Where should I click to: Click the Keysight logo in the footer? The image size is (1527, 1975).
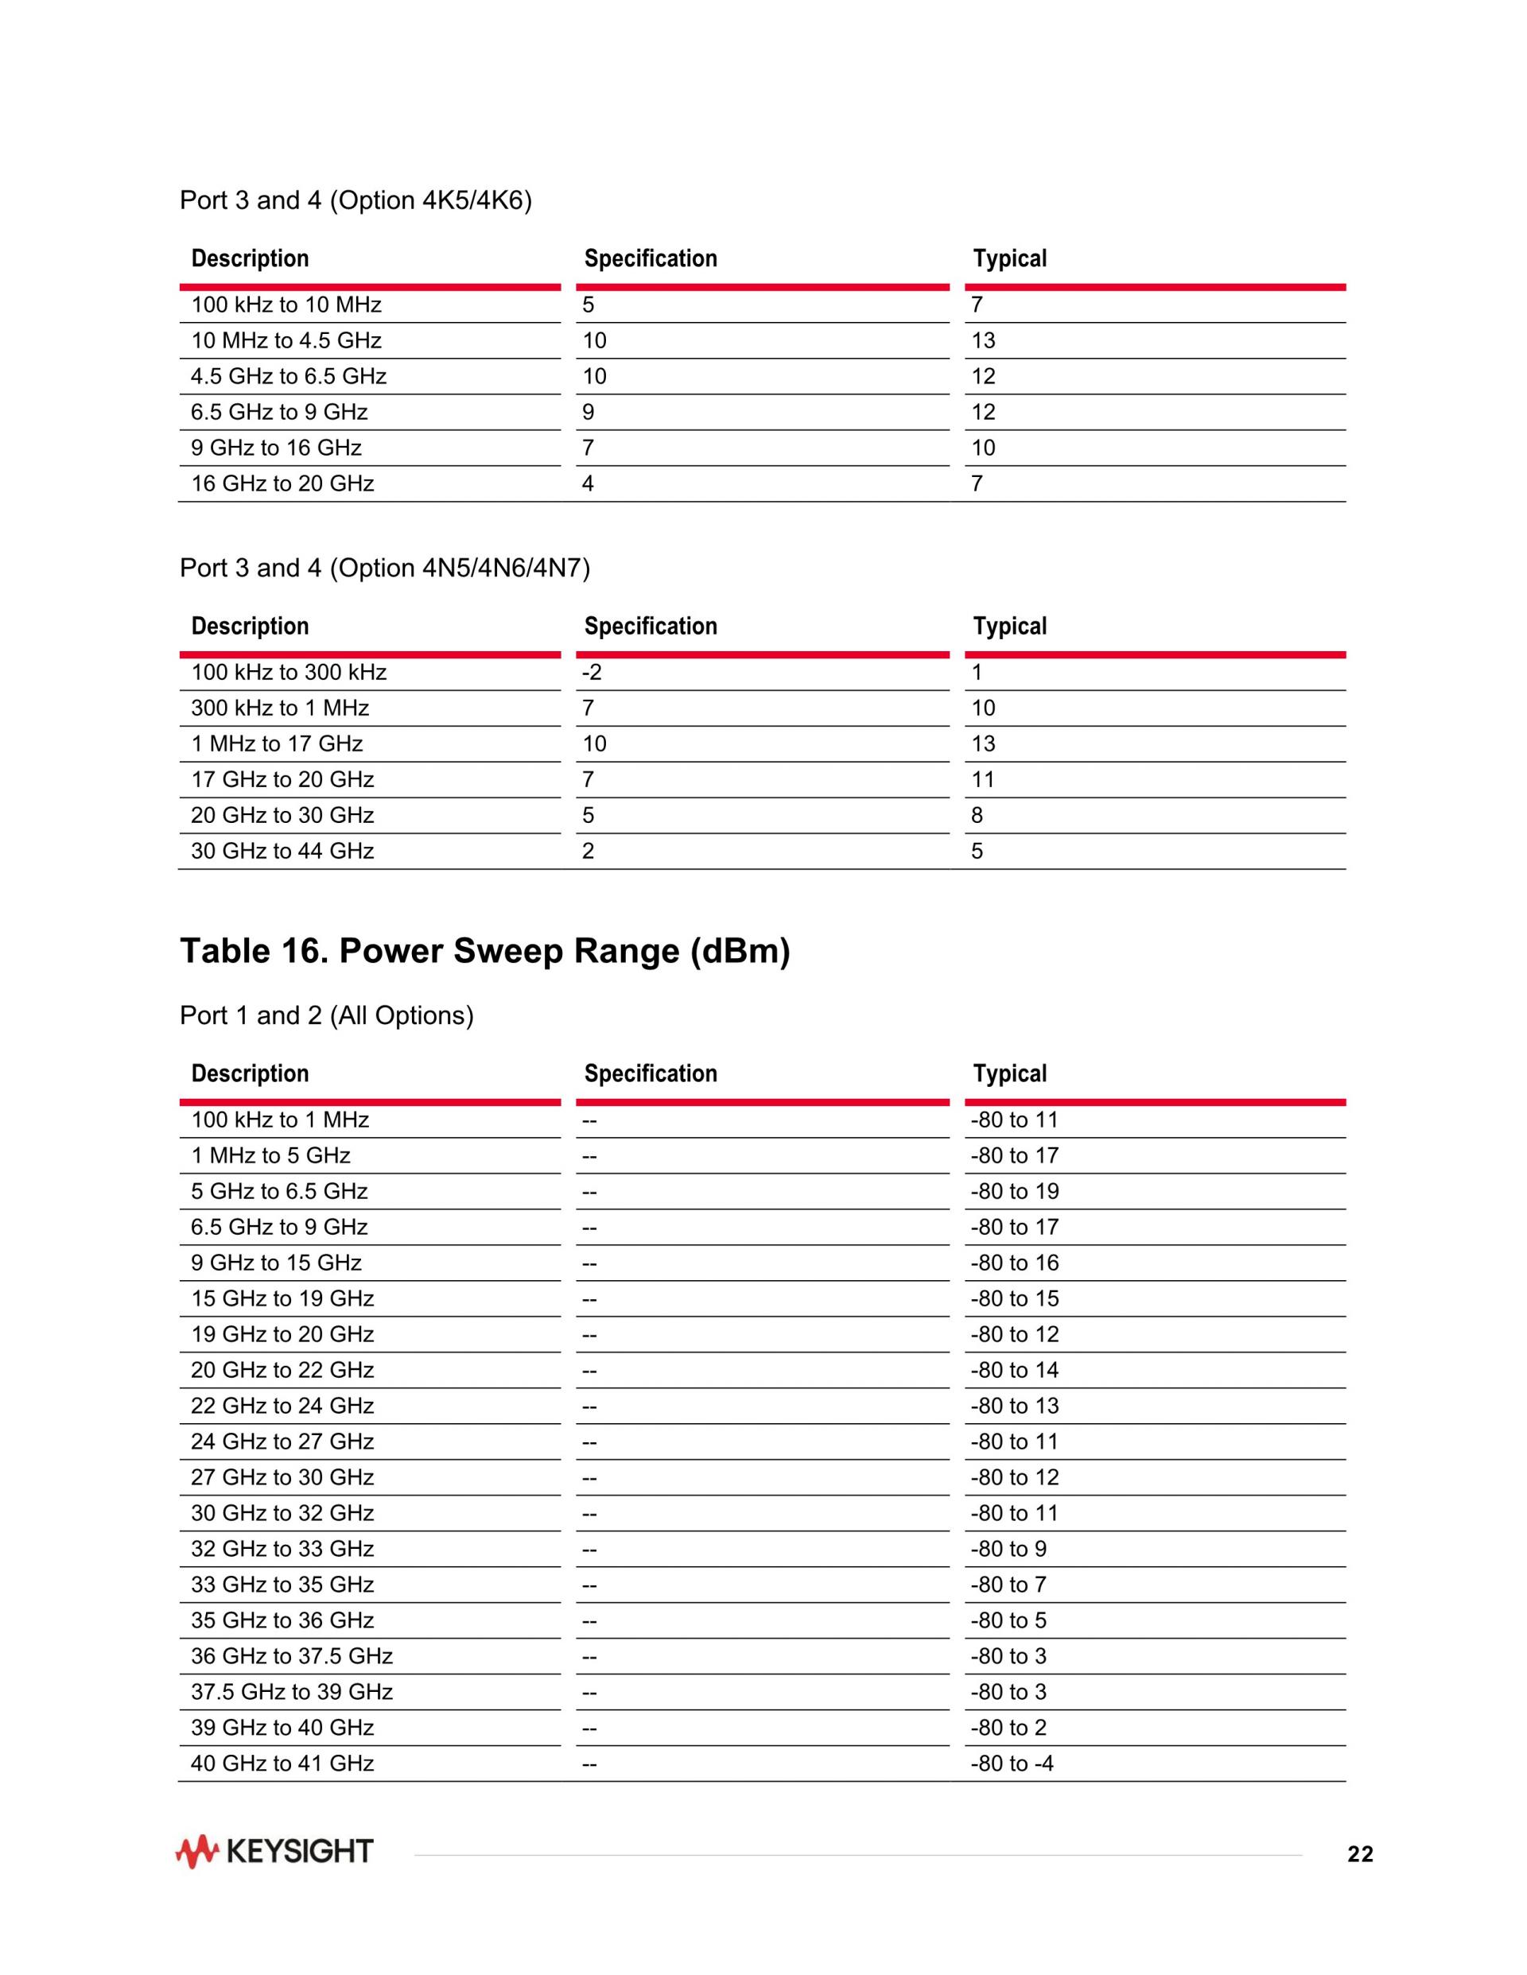coord(274,1851)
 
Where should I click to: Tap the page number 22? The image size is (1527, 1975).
coord(1360,1855)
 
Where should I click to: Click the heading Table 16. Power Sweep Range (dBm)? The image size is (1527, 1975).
coord(485,952)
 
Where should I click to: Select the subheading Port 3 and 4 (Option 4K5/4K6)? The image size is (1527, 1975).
coord(356,200)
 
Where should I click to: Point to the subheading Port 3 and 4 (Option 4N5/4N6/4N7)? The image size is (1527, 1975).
coord(384,568)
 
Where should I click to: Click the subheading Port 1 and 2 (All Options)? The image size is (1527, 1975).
coord(327,1015)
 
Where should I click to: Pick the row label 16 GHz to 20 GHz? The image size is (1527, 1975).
coord(282,483)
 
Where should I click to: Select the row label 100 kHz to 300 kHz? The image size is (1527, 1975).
coord(289,672)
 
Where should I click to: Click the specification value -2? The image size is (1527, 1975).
coord(592,672)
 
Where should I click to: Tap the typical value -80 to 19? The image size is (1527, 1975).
coord(1014,1191)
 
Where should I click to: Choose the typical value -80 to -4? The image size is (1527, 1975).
coord(1012,1763)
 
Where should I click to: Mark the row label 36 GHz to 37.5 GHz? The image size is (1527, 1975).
coord(291,1656)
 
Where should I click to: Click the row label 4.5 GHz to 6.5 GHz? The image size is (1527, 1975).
coord(289,376)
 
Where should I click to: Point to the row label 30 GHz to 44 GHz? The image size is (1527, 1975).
coord(282,851)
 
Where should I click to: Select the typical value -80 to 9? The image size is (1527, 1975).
coord(1008,1548)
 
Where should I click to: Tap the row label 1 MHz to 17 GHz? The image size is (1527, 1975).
coord(277,743)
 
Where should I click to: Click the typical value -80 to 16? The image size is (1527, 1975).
coord(1014,1263)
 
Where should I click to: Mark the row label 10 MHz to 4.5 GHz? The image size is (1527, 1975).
coord(286,341)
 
